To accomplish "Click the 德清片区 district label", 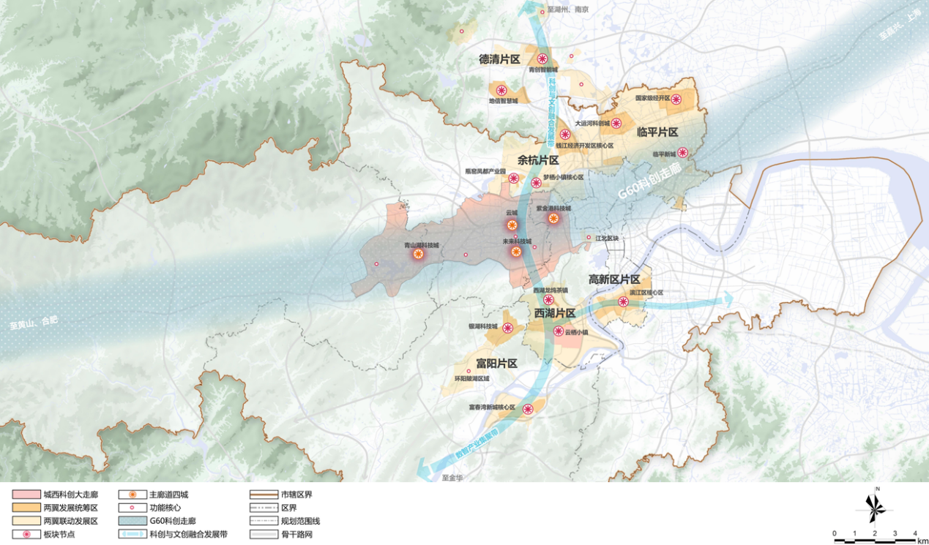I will [x=499, y=59].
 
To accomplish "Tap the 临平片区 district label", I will [x=657, y=132].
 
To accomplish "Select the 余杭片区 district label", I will [x=538, y=160].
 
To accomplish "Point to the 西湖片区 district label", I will [x=554, y=313].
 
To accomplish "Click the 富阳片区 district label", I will [x=496, y=364].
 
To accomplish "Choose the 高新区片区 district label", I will [x=614, y=279].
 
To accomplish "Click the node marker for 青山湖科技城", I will [x=418, y=254].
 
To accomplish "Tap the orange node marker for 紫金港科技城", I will [x=553, y=217].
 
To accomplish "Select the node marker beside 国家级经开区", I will [x=676, y=99].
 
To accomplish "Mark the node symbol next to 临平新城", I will [x=682, y=153].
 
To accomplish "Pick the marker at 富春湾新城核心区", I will [x=528, y=410].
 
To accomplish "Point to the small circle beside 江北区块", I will [x=589, y=238].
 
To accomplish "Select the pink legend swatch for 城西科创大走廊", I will [x=25, y=495].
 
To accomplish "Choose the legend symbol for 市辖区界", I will [x=262, y=495].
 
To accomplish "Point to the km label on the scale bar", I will [x=922, y=541].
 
